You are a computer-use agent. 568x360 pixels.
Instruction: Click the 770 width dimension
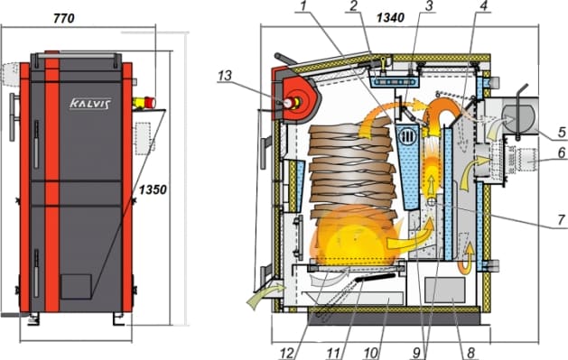[x=64, y=18]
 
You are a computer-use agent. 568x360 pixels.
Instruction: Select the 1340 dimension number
[x=390, y=17]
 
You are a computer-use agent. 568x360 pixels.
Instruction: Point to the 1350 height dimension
[x=153, y=189]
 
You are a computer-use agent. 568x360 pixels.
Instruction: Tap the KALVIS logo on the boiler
[x=90, y=104]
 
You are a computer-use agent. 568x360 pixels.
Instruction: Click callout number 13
[x=225, y=76]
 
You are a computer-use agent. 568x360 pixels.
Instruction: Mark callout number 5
[x=562, y=132]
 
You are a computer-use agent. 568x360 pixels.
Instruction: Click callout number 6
[x=562, y=152]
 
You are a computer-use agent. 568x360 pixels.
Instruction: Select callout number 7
[x=562, y=219]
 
